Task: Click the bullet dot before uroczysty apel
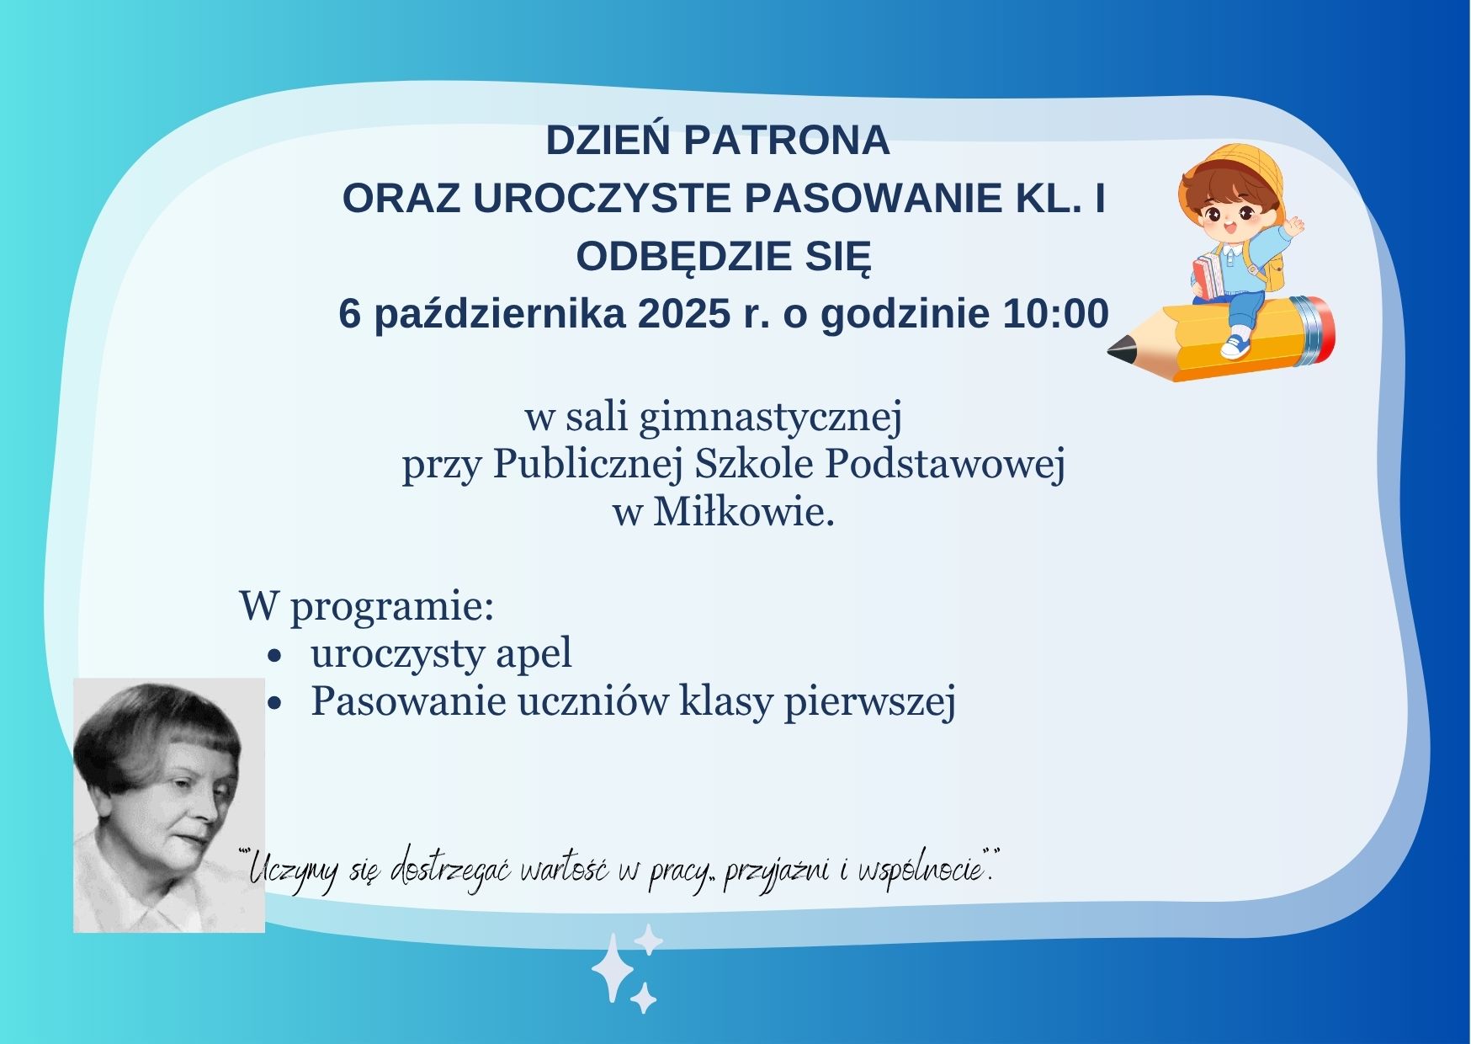tap(273, 655)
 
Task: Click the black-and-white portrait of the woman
tap(169, 805)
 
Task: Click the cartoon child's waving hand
tap(1294, 225)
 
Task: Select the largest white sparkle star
tap(612, 968)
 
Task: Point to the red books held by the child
tap(1206, 277)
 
